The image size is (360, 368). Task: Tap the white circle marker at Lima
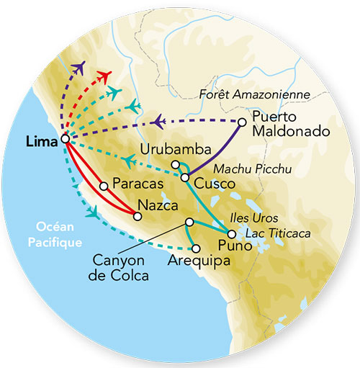[66, 140]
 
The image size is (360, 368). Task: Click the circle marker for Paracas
[104, 186]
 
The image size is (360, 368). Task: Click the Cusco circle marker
[185, 177]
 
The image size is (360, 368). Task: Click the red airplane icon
[107, 76]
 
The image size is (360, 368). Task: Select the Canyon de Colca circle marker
[189, 222]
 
